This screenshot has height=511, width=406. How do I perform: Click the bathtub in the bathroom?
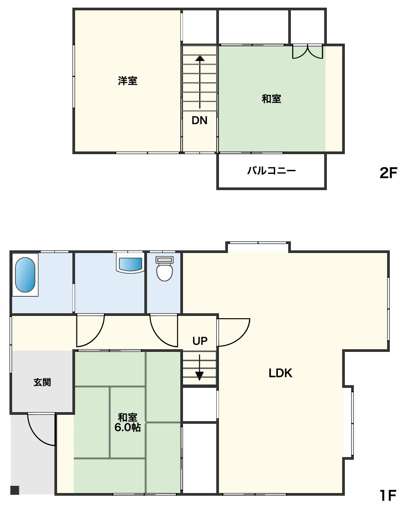[25, 275]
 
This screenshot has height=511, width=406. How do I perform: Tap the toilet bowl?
[165, 272]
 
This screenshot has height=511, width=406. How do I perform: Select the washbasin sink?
[130, 264]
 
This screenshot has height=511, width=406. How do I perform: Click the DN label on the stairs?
[200, 120]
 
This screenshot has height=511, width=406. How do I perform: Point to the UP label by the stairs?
[200, 341]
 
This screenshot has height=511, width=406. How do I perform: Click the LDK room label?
[281, 373]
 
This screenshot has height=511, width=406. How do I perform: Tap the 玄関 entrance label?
[42, 382]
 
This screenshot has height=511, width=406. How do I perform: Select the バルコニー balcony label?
[271, 170]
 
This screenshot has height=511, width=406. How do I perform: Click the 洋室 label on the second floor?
[128, 80]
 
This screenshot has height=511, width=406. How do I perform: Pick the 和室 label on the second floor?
[271, 98]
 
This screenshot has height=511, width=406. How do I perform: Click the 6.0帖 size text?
[128, 427]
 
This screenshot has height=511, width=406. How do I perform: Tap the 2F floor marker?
[388, 173]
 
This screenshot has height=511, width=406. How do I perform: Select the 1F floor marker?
[388, 495]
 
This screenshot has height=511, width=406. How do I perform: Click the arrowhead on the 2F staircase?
[200, 58]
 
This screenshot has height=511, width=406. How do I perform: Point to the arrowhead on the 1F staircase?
[199, 376]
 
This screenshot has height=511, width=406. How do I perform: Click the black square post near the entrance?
[15, 490]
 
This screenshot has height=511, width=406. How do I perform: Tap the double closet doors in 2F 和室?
[308, 52]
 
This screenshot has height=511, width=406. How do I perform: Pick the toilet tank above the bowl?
[165, 260]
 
